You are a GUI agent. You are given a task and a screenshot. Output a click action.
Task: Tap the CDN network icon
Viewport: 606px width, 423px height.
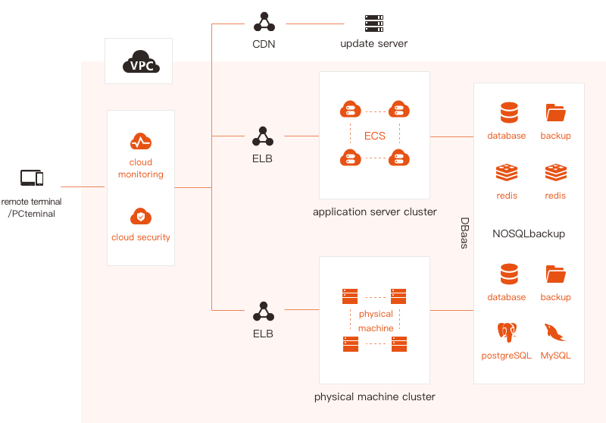[264, 22]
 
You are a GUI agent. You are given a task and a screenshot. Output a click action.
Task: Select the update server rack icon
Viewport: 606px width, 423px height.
[374, 23]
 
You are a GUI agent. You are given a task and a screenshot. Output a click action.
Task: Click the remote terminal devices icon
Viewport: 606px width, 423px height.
[32, 178]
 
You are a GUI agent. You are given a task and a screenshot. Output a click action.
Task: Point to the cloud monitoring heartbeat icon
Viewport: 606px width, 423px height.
[141, 142]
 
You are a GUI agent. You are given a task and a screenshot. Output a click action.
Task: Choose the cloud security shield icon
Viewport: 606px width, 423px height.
[141, 216]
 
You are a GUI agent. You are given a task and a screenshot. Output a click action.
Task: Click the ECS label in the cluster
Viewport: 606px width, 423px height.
[375, 136]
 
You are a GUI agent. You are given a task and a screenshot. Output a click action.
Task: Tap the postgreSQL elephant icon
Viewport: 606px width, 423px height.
[507, 332]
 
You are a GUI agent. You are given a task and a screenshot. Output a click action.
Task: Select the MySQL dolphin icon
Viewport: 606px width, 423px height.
[555, 333]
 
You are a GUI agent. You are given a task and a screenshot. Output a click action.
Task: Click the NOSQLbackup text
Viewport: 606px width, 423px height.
[529, 233]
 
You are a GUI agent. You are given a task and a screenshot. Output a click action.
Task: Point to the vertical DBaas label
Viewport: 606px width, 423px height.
[464, 233]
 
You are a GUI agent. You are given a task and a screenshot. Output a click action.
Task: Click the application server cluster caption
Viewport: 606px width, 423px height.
[375, 212]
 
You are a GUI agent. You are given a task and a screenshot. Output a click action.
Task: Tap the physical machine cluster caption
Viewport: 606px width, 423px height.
[375, 396]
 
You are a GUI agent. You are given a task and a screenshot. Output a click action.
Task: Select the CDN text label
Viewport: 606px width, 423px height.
[264, 44]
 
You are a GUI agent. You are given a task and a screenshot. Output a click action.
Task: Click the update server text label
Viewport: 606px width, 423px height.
[374, 44]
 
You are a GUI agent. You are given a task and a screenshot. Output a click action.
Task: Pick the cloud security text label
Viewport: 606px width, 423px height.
[141, 237]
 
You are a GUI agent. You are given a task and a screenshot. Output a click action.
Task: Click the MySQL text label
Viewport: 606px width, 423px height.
[556, 356]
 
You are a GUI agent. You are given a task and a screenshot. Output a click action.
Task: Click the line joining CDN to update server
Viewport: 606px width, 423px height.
[315, 24]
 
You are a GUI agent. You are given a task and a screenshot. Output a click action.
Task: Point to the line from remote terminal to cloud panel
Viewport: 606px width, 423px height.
[83, 186]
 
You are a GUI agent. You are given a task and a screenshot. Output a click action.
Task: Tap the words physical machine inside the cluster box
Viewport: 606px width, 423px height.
[376, 321]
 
